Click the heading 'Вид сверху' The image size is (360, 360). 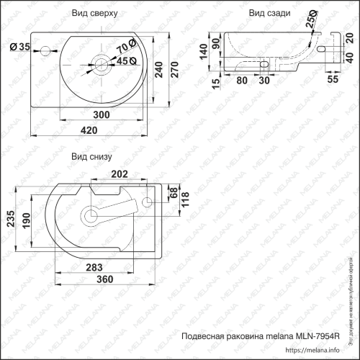tap(99, 14)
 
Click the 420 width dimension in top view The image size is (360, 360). tap(89, 130)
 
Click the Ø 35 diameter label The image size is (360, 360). tap(19, 48)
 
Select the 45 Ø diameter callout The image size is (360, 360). tap(127, 61)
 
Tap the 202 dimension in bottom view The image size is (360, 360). tap(120, 174)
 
